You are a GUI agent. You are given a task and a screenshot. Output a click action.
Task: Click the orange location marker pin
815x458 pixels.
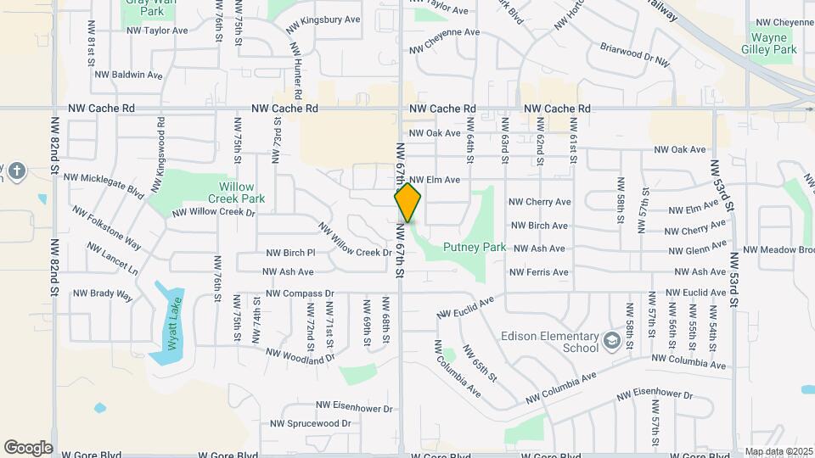coord(407,203)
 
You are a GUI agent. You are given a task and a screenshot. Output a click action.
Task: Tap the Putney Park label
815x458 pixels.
coord(475,248)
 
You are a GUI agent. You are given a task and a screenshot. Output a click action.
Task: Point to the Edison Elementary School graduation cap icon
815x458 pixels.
coord(611,341)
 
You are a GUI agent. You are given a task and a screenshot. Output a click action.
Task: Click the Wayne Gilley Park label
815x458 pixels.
coord(773,43)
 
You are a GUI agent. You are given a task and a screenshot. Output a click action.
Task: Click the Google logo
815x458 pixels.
coord(28,447)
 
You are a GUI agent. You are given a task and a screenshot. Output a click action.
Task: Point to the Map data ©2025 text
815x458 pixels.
coord(778,451)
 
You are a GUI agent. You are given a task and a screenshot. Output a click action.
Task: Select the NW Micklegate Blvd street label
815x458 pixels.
coord(104,184)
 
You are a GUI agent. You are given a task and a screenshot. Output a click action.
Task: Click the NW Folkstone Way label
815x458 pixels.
coord(106,226)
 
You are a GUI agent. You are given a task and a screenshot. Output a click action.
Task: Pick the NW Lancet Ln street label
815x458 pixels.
coord(112,259)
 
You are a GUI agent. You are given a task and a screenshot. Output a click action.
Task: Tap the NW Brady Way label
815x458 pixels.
coord(103,294)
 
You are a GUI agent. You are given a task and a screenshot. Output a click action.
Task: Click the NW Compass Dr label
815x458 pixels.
coord(300,293)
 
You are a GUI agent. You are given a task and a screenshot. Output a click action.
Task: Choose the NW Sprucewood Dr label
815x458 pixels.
coord(310,423)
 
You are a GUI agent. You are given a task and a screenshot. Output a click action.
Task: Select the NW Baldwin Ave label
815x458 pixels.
coord(128,75)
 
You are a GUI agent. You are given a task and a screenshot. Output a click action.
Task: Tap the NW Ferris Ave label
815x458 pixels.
coord(538,272)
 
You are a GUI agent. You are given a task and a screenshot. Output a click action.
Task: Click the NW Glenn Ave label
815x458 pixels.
coord(696,250)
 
